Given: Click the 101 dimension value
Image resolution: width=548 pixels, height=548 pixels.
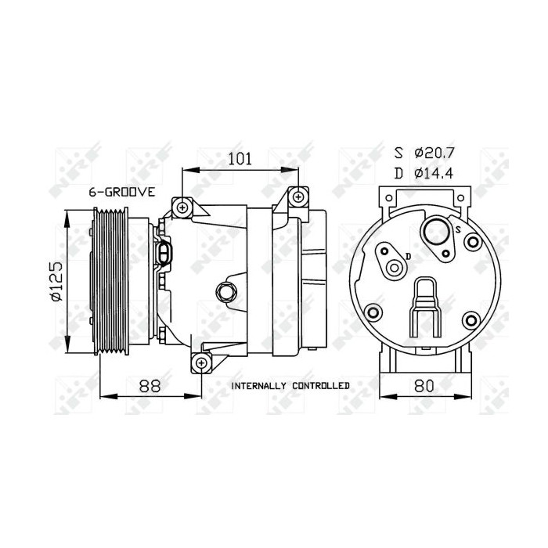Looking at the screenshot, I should point(239,159).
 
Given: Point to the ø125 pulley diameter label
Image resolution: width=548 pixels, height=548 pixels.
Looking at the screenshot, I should point(55,283).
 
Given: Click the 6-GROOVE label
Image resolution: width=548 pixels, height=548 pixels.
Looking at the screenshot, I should point(122,192).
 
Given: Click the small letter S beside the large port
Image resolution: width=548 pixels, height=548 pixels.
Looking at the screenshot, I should point(456,229).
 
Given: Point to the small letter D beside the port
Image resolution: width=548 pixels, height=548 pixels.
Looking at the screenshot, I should point(408,255).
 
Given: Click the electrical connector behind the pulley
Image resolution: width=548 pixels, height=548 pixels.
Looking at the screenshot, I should point(166,254).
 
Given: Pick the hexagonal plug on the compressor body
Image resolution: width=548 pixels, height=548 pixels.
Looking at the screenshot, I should point(227,292).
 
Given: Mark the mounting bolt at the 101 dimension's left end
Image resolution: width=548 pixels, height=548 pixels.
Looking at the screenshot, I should point(182,207).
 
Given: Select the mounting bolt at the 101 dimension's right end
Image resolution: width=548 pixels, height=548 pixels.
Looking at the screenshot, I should point(298,196).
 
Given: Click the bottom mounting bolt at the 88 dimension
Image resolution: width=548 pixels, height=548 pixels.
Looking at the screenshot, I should point(201,362).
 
